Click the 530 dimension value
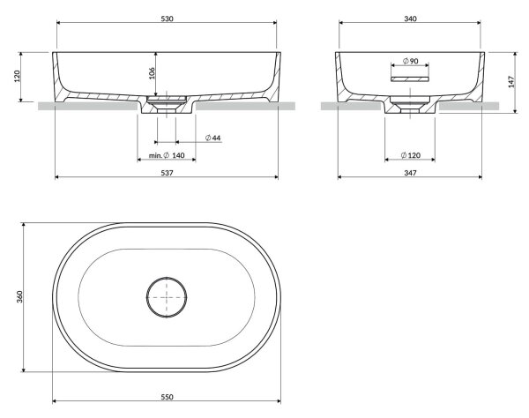[x=167, y=19]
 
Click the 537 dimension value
[x=167, y=173]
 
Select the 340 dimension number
[x=410, y=19]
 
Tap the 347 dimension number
[x=410, y=173]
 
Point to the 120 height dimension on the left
[x=18, y=76]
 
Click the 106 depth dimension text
[x=152, y=73]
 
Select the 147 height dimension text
[x=511, y=82]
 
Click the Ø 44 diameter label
[x=212, y=138]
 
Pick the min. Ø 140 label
[x=167, y=155]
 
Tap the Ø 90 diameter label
[x=411, y=61]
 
